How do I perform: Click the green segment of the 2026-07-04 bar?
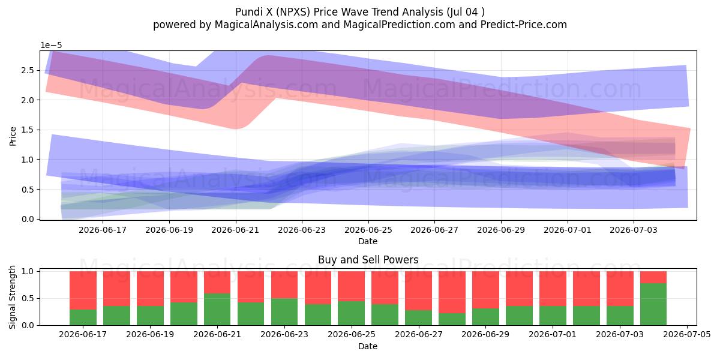(x=653, y=304)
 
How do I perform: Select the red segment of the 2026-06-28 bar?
(x=452, y=292)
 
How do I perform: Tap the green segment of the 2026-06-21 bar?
(x=217, y=309)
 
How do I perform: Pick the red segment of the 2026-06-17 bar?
(x=83, y=290)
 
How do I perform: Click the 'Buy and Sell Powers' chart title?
(x=368, y=260)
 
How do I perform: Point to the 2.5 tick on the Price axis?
(x=28, y=70)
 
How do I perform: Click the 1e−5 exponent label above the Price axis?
(x=51, y=46)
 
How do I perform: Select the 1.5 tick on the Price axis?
(x=28, y=130)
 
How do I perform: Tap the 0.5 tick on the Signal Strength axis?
(x=28, y=298)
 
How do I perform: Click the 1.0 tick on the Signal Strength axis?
(x=28, y=271)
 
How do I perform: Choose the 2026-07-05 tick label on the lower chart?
(x=687, y=334)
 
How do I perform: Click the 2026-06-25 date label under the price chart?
(x=368, y=230)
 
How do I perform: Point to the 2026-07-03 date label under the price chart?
(x=634, y=230)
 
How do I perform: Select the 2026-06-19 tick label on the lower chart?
(x=150, y=334)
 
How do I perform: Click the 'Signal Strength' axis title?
(x=12, y=297)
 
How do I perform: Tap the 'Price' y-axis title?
(x=13, y=136)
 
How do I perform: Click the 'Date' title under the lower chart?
(x=368, y=346)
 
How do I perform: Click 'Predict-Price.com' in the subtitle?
(x=524, y=25)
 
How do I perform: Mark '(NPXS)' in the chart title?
(x=293, y=12)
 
